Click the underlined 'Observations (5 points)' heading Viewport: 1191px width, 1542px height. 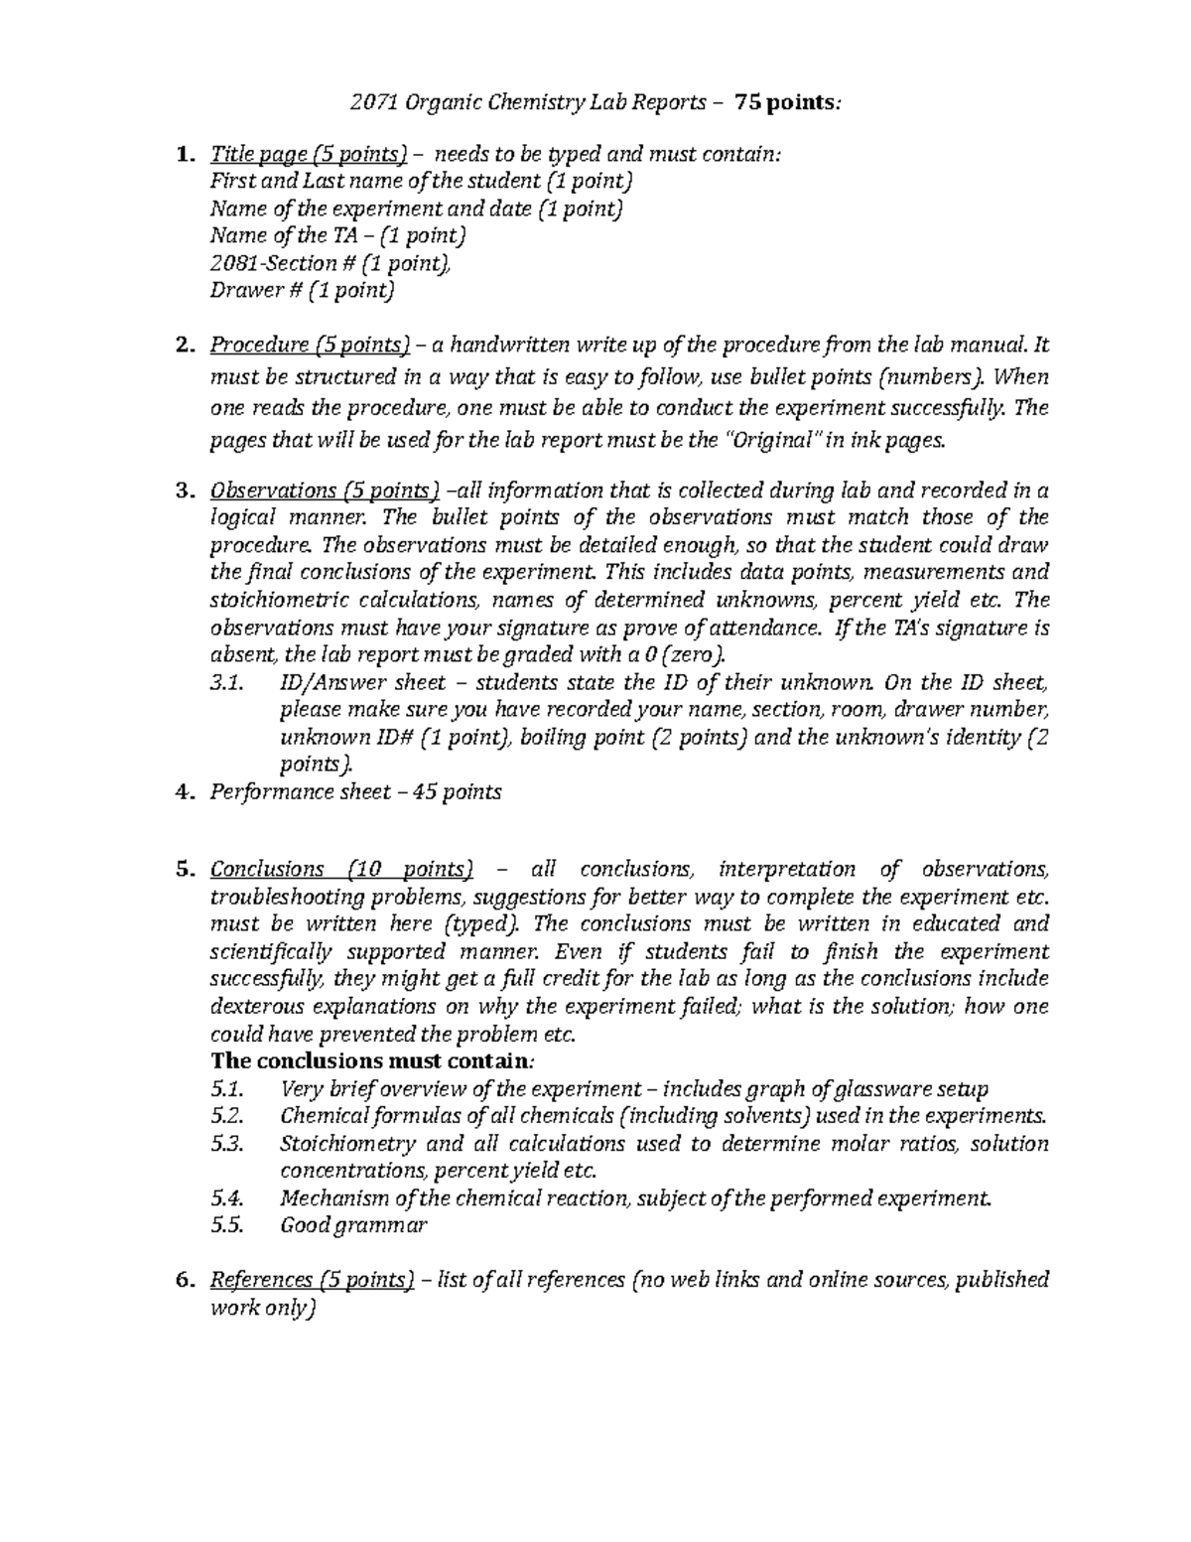point(324,491)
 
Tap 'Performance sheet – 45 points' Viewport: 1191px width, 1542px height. point(355,792)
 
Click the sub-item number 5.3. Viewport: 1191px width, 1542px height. point(227,1143)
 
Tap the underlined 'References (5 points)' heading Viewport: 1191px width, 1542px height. point(312,1280)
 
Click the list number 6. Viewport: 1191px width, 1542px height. point(182,1280)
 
